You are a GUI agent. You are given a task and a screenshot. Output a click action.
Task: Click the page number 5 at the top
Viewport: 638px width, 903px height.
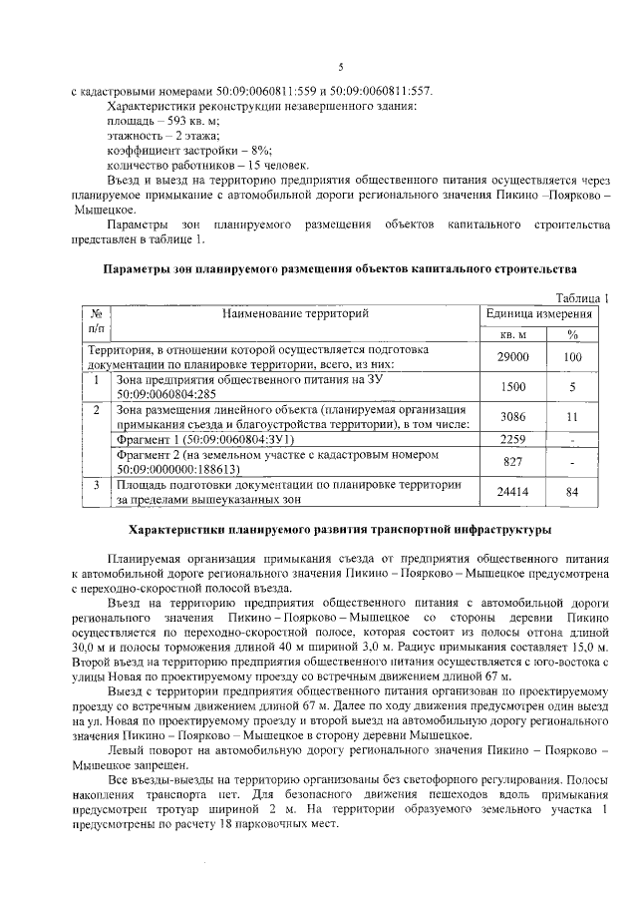tap(340, 67)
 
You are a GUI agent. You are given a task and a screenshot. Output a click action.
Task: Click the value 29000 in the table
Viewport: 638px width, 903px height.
tap(512, 356)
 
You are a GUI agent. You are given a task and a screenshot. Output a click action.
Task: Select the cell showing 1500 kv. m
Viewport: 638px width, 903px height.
tap(512, 387)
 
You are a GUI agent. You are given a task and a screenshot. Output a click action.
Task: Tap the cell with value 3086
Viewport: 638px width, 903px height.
tap(512, 416)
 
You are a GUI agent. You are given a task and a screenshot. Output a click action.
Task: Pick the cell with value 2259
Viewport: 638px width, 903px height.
tap(512, 438)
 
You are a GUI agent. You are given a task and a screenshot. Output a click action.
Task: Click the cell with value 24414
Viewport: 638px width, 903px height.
tap(512, 491)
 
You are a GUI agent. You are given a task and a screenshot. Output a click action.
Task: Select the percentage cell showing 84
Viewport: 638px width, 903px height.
tap(572, 491)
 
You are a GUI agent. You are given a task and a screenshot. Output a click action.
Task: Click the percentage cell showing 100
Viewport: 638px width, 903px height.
tap(572, 356)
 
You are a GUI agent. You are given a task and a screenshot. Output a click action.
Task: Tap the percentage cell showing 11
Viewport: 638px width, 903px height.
tap(572, 416)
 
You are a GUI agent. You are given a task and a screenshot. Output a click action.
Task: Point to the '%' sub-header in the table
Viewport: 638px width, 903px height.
tap(572, 334)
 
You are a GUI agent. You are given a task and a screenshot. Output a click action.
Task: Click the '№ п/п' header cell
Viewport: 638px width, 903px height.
tap(97, 321)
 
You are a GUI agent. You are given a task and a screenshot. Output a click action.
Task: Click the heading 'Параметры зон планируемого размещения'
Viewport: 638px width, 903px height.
tap(340, 269)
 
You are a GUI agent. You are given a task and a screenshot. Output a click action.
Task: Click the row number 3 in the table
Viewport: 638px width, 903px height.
tap(97, 485)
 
